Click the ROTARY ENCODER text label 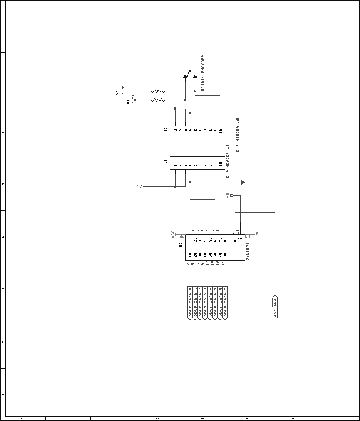(203, 73)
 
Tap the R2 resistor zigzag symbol (158, 91)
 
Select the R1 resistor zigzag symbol (158, 100)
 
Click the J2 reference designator (165, 129)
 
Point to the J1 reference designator (166, 160)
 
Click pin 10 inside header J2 (220, 129)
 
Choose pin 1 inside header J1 (176, 165)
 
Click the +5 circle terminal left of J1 (141, 187)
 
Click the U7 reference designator (181, 244)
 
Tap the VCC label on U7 (173, 234)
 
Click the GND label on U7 (257, 234)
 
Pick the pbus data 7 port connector (225, 303)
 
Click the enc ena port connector (275, 307)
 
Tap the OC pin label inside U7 (235, 239)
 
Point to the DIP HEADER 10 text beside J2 (237, 135)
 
